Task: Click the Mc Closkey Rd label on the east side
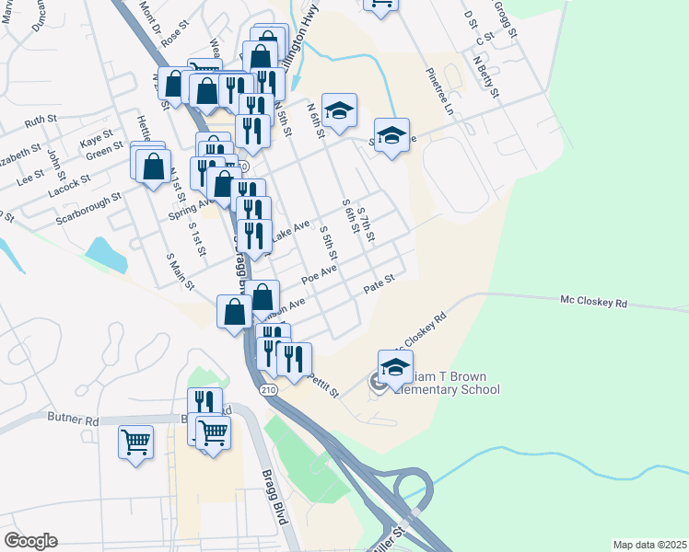(x=594, y=301)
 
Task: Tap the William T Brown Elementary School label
(x=448, y=383)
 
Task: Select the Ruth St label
(x=41, y=121)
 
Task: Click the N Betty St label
(x=486, y=77)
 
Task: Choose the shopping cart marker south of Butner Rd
(x=135, y=442)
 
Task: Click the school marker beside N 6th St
(x=339, y=110)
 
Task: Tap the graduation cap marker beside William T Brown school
(x=396, y=367)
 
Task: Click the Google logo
(x=31, y=540)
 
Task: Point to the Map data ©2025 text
(x=649, y=545)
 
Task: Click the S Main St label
(x=180, y=271)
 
